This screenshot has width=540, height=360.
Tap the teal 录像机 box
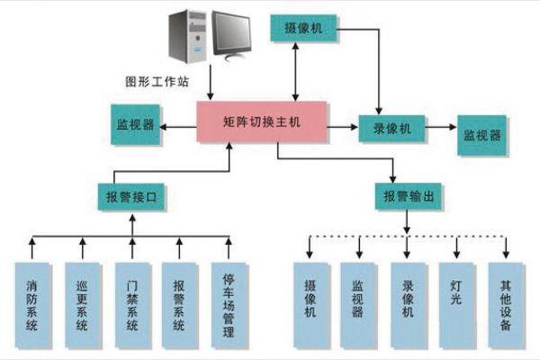pos(392,129)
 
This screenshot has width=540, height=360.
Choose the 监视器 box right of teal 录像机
pos(483,134)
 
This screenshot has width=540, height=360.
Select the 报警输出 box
pos(408,195)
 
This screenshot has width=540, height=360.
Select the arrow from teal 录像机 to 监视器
pos(441,130)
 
